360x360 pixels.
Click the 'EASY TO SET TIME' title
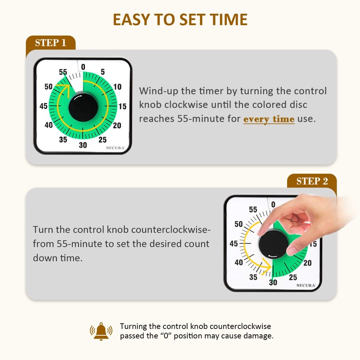click(180, 20)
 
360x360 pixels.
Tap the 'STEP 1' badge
click(50, 43)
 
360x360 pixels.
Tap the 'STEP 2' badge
click(312, 181)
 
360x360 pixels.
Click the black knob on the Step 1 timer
click(83, 107)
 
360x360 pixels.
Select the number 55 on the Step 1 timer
click(63, 72)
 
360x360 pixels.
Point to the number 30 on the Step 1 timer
click(83, 145)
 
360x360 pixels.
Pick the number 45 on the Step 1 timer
click(44, 106)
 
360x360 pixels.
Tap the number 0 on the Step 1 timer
click(83, 67)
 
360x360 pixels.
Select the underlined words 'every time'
click(269, 119)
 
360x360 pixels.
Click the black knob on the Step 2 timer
click(272, 243)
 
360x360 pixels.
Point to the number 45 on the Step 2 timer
click(234, 244)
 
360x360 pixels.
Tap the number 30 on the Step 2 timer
click(273, 283)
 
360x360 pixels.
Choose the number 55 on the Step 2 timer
click(253, 210)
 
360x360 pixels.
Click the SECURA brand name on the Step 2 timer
click(306, 285)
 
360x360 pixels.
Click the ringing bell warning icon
click(102, 331)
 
